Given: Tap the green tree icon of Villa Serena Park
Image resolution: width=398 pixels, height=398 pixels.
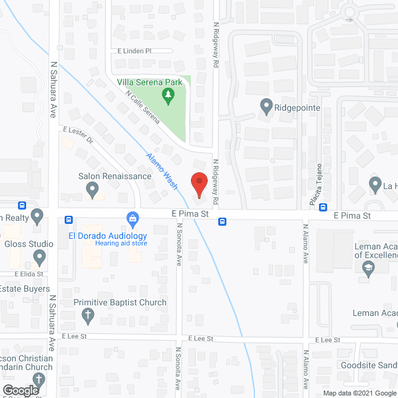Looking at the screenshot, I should pos(167,95).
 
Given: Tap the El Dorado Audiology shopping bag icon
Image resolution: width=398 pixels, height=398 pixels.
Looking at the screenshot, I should pos(132,218).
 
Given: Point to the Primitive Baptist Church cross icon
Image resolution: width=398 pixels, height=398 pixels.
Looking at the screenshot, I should pos(89,315).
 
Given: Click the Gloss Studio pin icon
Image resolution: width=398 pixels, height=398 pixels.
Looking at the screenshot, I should pos(40,256).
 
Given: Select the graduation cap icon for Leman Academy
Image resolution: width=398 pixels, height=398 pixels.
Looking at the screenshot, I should pos(368,268).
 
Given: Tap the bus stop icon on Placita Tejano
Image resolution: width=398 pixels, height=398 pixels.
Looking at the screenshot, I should pos(323,207).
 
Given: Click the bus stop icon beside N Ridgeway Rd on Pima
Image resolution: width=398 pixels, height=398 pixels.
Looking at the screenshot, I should pos(222,221).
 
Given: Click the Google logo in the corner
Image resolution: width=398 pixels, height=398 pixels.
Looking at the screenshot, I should pos(20,390).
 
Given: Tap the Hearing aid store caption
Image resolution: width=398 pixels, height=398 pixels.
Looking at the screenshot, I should pos(121,243).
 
